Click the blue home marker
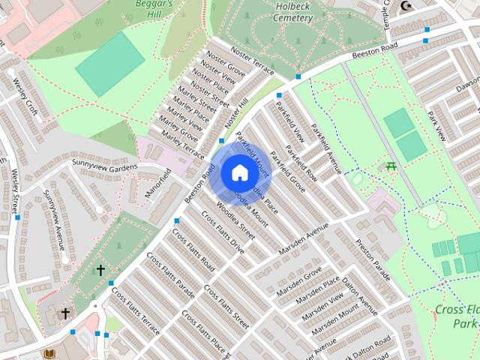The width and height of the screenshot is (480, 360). pyautogui.click(x=239, y=172)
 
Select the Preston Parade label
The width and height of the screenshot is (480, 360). pyautogui.click(x=373, y=259)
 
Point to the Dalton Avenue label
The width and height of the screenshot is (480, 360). pyautogui.click(x=360, y=293)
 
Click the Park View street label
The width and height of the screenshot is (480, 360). pyautogui.click(x=436, y=126)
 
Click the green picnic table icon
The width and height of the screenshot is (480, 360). pyautogui.click(x=390, y=166)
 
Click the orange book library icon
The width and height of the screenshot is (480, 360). pyautogui.click(x=49, y=353)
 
